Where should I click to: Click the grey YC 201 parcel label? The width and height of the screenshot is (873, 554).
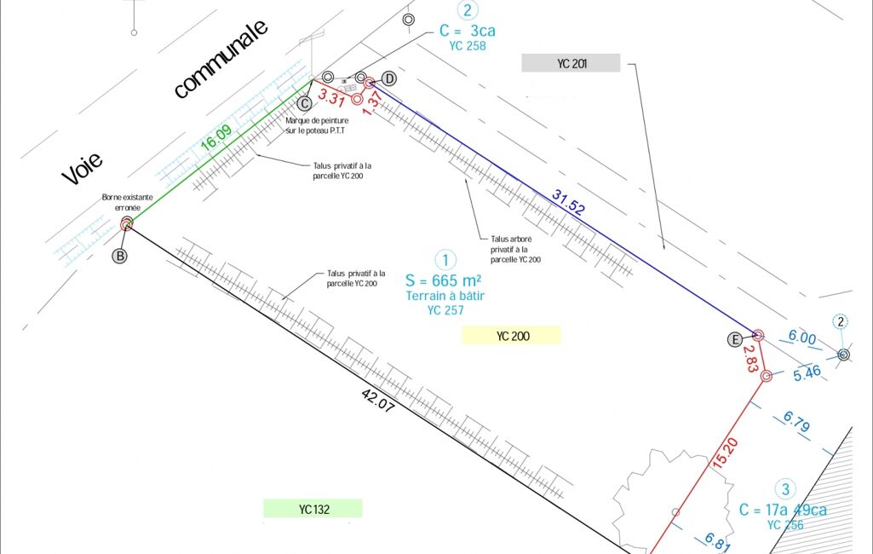pyautogui.click(x=571, y=63)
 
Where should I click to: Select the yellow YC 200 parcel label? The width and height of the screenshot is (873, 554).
pyautogui.click(x=512, y=336)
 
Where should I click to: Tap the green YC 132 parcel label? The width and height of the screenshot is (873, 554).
pyautogui.click(x=313, y=509)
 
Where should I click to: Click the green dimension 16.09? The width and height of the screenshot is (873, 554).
pyautogui.click(x=216, y=137)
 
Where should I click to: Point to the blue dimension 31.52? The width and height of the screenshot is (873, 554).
pyautogui.click(x=568, y=202)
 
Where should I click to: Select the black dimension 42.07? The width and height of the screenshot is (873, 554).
pyautogui.click(x=378, y=401)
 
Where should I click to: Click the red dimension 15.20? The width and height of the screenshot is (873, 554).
pyautogui.click(x=726, y=452)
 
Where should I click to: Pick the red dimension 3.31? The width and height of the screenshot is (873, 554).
pyautogui.click(x=331, y=97)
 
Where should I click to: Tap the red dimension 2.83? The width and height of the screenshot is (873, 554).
pyautogui.click(x=750, y=359)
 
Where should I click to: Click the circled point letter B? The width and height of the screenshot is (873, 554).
pyautogui.click(x=120, y=256)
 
